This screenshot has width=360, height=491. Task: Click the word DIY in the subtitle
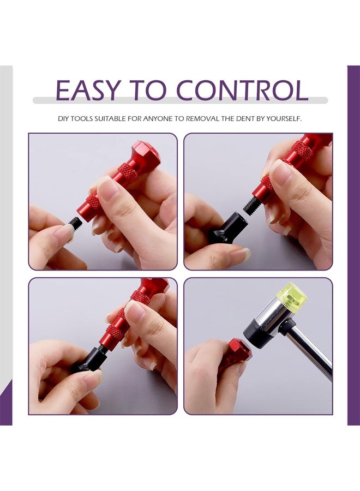64,118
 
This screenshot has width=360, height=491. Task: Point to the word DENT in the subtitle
243,118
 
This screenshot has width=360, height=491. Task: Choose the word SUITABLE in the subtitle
98,118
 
